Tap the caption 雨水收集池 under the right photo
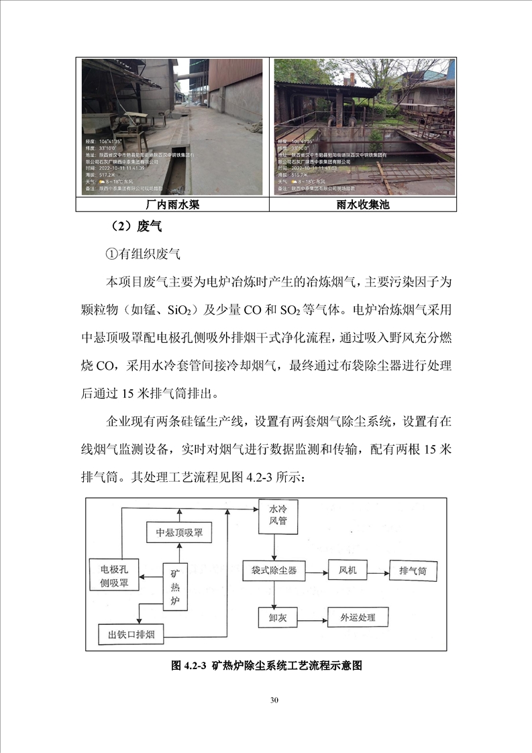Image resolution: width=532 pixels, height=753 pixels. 363,204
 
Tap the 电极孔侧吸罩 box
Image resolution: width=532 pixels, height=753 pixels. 115,575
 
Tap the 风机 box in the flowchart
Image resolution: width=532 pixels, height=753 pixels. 348,571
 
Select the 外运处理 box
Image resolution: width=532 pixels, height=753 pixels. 357,617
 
